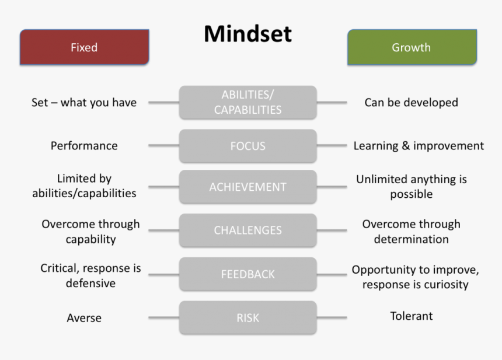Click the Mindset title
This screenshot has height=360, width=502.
(x=247, y=34)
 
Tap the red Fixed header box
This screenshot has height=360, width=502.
(x=84, y=47)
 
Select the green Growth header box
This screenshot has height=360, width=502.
(x=411, y=47)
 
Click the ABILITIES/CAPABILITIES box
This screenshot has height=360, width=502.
(x=247, y=102)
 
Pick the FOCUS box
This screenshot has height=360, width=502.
(x=247, y=146)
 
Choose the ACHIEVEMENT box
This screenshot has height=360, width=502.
(x=247, y=187)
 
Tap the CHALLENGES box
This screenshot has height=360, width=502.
(x=247, y=230)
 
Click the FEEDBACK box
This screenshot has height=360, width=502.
(x=247, y=274)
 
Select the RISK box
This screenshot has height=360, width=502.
(x=247, y=318)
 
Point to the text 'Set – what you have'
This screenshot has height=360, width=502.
(x=83, y=103)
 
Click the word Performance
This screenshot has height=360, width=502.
(x=83, y=146)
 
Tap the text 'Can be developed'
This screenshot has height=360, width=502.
(x=411, y=103)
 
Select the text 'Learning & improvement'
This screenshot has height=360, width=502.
(x=419, y=146)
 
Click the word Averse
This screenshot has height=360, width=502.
(x=83, y=318)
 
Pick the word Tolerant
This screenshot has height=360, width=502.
(x=412, y=316)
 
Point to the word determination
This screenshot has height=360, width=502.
(x=411, y=239)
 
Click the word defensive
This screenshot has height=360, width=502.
(x=90, y=283)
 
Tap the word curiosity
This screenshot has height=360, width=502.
(x=444, y=285)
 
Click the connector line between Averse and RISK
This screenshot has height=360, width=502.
(x=163, y=318)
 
